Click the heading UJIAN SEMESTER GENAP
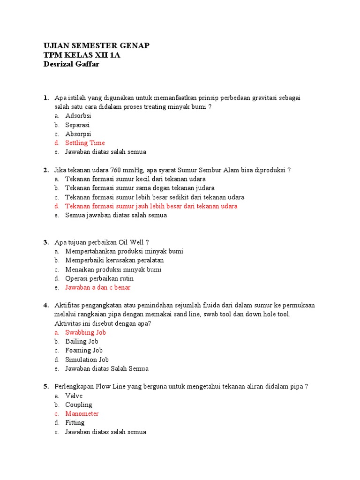pyautogui.click(x=97, y=45)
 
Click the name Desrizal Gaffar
pyautogui.click(x=71, y=64)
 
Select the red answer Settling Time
pyautogui.click(x=85, y=143)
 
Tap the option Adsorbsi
pyautogui.click(x=78, y=116)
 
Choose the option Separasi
pyautogui.click(x=77, y=125)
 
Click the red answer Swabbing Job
pyautogui.click(x=86, y=332)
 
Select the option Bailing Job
pyautogui.click(x=82, y=341)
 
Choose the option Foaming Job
pyautogui.click(x=84, y=350)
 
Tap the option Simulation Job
pyautogui.click(x=87, y=360)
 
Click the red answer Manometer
pyautogui.click(x=82, y=414)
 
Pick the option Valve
pyautogui.click(x=74, y=396)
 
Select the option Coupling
pyautogui.click(x=79, y=405)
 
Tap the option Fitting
pyautogui.click(x=75, y=423)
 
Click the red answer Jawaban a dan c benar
pyautogui.click(x=98, y=287)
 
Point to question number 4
pyautogui.click(x=46, y=305)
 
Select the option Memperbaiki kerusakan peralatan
pyautogui.click(x=114, y=260)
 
